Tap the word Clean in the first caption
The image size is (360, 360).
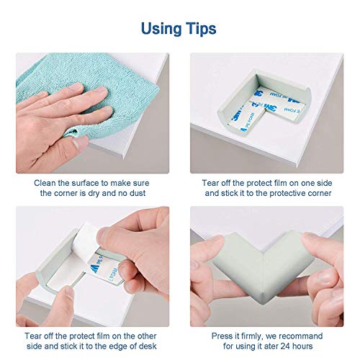[x=45, y=183]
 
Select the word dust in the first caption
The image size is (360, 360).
[x=138, y=193]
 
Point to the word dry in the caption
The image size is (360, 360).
[x=94, y=194]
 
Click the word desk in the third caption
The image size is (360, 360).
[x=148, y=346]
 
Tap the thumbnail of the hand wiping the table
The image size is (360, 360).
[x=93, y=113]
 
